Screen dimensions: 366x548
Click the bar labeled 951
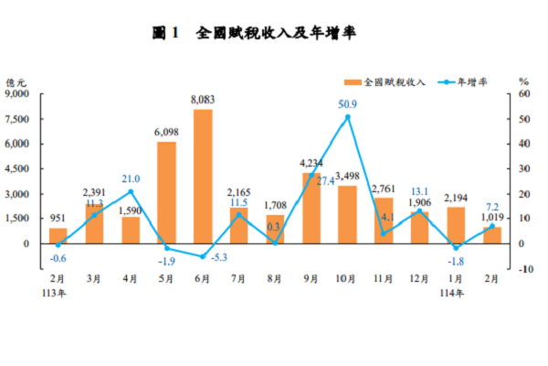coord(58,235)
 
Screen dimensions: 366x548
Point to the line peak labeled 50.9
coord(348,116)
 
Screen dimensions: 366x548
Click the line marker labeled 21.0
coord(131,191)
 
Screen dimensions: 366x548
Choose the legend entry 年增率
coord(475,81)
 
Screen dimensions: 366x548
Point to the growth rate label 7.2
coord(491,207)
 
